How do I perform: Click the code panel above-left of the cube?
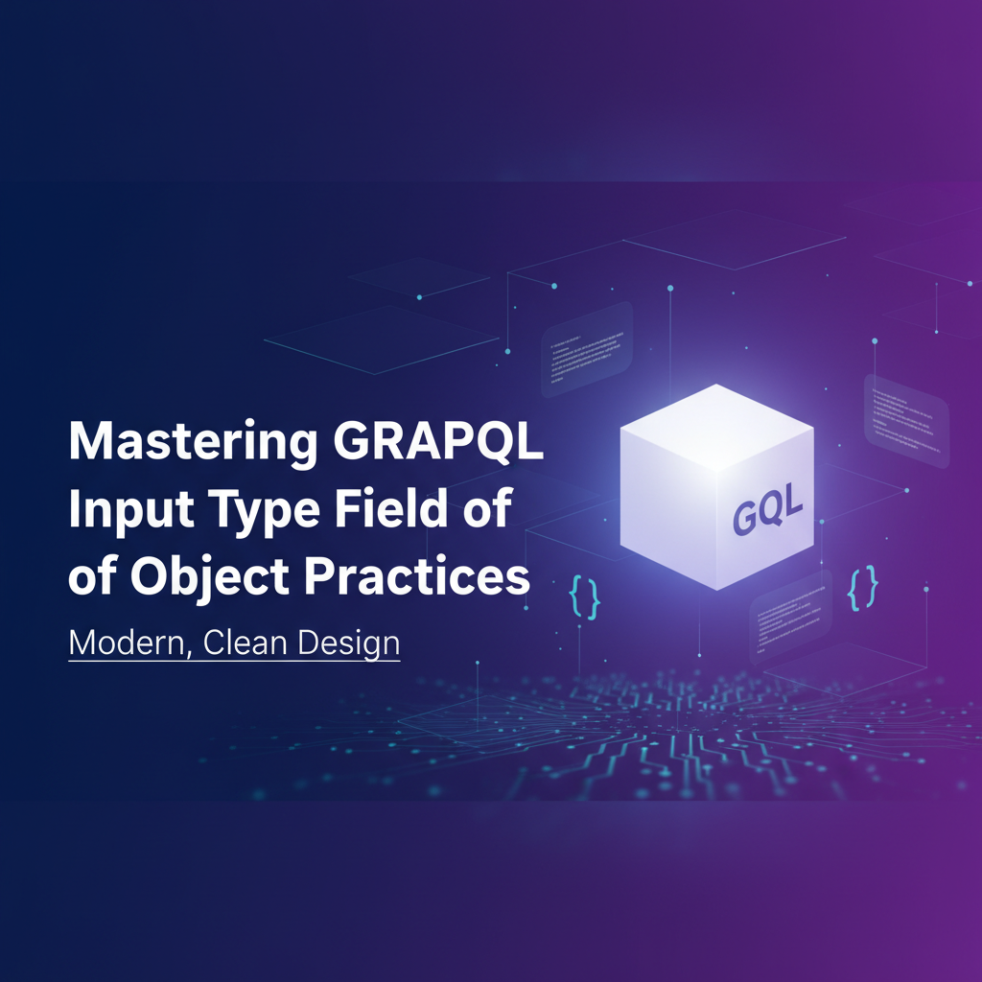[x=586, y=349]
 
